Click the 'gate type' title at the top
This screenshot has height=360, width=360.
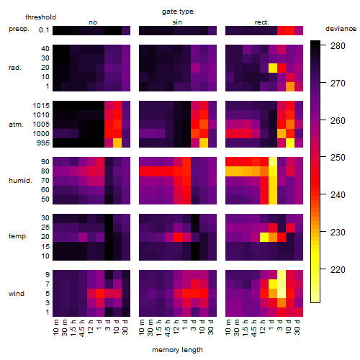point(178,12)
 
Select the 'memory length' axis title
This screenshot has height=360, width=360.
point(177,350)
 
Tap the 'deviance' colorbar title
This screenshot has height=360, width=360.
point(341,29)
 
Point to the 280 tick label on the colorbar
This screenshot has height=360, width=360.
point(338,45)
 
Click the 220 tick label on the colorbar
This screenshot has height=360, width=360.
point(338,270)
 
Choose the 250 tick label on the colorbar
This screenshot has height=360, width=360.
point(338,158)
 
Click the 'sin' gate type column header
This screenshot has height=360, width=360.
point(177,22)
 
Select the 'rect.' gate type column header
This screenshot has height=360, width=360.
point(261,22)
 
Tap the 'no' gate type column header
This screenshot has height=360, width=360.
point(93,22)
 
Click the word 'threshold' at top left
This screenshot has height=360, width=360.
point(40,17)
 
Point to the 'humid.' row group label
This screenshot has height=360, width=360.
point(20,181)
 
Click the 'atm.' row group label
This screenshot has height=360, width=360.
point(16,125)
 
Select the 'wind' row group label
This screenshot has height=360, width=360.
point(17,294)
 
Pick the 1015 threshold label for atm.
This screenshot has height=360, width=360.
point(41,106)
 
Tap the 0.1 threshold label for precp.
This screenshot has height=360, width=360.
point(44,30)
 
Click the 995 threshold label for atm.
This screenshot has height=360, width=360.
point(43,143)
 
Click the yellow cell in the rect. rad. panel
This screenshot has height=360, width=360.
point(273,68)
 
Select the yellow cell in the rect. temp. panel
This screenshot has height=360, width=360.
point(264,237)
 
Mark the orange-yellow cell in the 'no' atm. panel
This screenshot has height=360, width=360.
point(117,143)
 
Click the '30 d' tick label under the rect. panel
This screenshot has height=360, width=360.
point(297,327)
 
